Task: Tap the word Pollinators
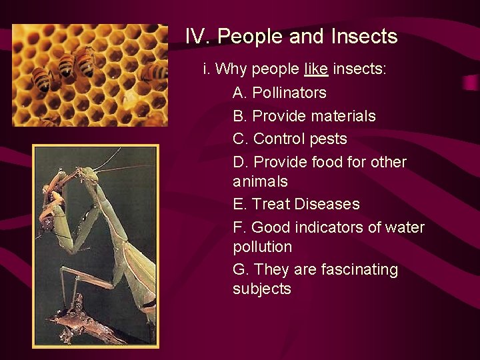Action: point(289,93)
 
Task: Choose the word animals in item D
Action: point(260,181)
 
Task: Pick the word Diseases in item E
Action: point(327,204)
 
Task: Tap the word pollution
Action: point(262,247)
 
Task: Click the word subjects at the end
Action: point(261,289)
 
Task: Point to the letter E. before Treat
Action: point(239,204)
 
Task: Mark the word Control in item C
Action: point(279,139)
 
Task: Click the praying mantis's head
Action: point(86,175)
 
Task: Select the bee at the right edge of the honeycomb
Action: point(155,71)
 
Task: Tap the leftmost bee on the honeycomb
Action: point(41,79)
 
